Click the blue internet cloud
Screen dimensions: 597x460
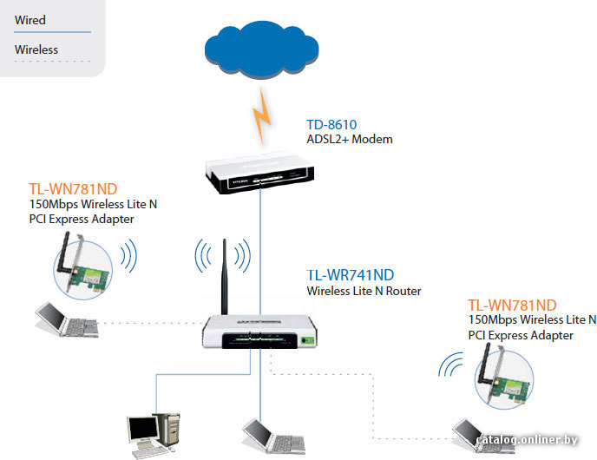(261, 49)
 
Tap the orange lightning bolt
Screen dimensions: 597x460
(261, 115)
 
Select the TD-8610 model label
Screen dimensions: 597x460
(331, 124)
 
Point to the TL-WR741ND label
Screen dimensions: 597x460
(351, 275)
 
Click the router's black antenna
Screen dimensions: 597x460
(224, 277)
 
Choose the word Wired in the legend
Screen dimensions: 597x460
(30, 20)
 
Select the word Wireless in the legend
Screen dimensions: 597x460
(36, 49)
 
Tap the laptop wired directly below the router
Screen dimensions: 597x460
(273, 436)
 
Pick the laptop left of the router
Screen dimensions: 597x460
(67, 319)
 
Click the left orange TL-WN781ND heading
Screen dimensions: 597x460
(73, 189)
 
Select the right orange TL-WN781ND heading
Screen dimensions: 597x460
(512, 305)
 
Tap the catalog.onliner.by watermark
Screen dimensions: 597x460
(527, 439)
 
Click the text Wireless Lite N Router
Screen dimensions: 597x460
(364, 291)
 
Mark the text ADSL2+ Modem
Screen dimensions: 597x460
(350, 139)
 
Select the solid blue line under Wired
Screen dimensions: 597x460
(53, 32)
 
